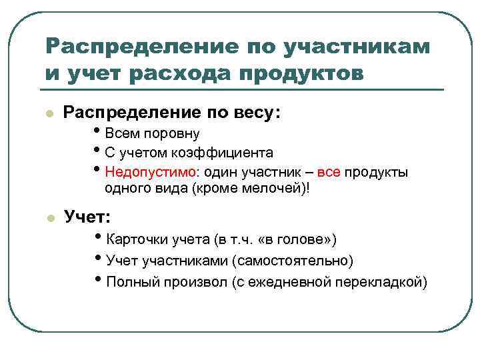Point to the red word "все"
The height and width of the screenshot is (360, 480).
[329, 173]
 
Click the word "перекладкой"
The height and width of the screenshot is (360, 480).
[378, 281]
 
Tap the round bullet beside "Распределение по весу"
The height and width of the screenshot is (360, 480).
[48, 114]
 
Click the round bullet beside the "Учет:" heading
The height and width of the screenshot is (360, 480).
[48, 217]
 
